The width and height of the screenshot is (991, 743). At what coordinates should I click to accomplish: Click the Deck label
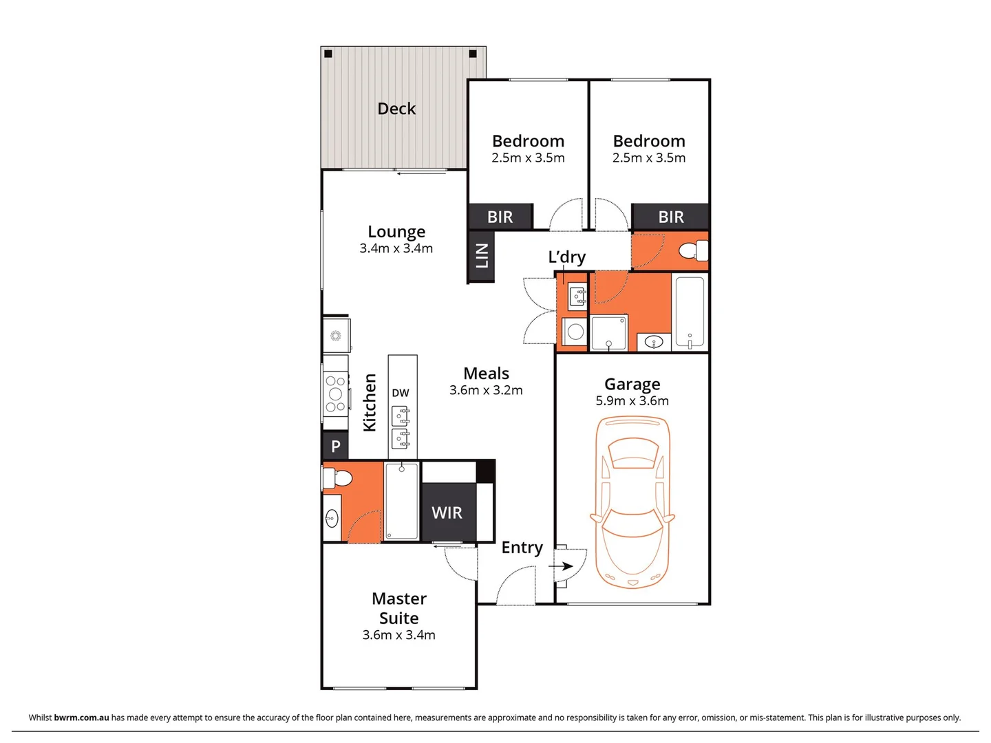tap(396, 109)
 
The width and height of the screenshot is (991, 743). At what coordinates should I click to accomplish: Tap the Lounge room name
tap(396, 232)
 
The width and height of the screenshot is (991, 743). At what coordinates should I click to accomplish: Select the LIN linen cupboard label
tap(482, 255)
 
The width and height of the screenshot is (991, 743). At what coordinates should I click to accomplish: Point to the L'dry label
tap(566, 257)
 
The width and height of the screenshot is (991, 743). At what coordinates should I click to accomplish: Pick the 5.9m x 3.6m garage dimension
tap(632, 401)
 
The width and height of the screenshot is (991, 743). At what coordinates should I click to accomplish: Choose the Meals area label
tap(486, 374)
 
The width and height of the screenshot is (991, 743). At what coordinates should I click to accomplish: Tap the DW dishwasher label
tap(401, 393)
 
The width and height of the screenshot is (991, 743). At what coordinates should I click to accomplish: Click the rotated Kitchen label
tap(370, 402)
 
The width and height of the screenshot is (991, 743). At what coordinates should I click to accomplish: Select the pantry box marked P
tap(336, 446)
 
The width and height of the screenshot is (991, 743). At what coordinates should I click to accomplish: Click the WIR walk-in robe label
tap(447, 513)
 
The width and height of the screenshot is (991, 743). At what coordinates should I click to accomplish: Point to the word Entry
tap(522, 548)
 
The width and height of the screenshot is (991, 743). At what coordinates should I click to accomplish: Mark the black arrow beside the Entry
tap(562, 566)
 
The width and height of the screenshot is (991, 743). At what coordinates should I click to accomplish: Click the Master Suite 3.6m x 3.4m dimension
tap(398, 635)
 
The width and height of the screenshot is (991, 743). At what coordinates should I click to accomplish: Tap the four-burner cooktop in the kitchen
tap(336, 394)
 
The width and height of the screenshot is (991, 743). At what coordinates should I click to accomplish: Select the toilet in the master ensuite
tap(339, 477)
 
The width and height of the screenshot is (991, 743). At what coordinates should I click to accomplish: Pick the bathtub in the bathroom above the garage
tap(689, 312)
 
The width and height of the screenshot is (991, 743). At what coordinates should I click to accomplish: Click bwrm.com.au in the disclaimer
tap(81, 718)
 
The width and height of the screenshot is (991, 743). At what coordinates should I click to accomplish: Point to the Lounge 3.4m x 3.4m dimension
tap(396, 248)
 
